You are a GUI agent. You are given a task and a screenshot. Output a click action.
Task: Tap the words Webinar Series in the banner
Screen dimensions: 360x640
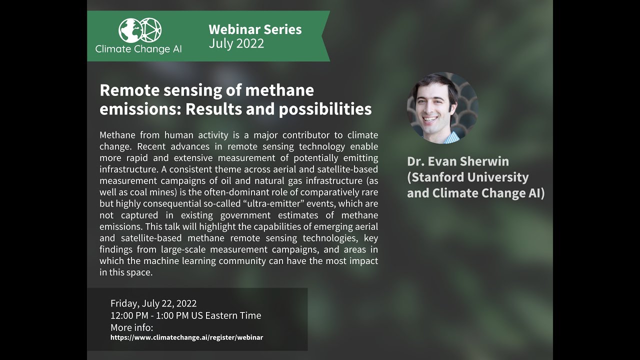255,29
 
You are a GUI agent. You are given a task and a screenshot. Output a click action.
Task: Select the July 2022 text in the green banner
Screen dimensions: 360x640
236,43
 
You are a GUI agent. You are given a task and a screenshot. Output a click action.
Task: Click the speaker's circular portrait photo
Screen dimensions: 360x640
442,108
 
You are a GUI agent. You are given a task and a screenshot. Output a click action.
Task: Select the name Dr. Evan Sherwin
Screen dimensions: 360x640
458,161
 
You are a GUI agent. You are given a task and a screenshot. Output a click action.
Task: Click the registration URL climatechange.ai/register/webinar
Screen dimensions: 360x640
186,337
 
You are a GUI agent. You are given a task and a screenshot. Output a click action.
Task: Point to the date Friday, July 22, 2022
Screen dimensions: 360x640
153,303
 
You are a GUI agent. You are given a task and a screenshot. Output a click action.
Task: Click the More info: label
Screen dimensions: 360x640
131,327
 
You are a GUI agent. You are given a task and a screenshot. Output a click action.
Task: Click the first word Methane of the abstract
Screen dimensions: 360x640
117,135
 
